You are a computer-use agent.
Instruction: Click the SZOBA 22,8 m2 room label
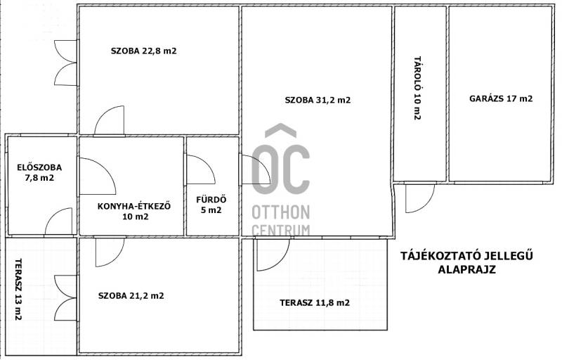point(144,51)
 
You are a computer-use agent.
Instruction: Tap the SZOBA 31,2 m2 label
point(318,100)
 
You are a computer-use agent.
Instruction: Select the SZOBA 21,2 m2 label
point(131,296)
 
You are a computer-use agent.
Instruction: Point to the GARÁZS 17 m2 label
point(501,98)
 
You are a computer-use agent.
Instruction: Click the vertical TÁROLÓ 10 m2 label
point(417,88)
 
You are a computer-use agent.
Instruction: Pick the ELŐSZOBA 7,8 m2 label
point(39,172)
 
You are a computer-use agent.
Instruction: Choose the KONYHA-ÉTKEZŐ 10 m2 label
point(134,211)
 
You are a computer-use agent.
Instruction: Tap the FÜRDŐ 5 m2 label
point(211,205)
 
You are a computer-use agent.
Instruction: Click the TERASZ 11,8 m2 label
point(315,303)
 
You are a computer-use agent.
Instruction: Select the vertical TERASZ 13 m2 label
point(18,290)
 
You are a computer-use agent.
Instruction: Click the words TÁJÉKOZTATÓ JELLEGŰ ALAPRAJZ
point(466,262)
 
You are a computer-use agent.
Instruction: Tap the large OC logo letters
point(280,159)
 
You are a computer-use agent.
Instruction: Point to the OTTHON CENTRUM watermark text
point(280,220)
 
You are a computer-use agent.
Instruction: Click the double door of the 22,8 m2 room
point(66,63)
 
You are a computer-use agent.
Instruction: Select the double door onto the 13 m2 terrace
point(66,298)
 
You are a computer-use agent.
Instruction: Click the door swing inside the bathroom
point(201,169)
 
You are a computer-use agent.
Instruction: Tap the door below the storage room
point(419,198)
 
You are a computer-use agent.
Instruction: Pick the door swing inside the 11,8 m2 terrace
point(273,255)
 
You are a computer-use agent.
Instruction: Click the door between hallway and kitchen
point(98,176)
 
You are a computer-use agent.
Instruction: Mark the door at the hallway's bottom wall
point(58,221)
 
